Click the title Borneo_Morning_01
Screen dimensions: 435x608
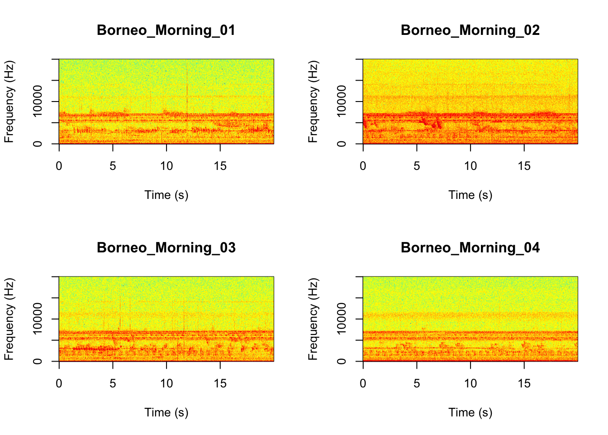click(x=166, y=30)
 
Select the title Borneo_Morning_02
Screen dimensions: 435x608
click(x=470, y=30)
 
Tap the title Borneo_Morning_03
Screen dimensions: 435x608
click(x=166, y=248)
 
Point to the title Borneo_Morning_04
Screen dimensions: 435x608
click(x=470, y=248)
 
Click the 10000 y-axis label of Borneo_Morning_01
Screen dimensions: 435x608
click(x=38, y=101)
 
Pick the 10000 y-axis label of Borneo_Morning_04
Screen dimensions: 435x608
click(x=342, y=318)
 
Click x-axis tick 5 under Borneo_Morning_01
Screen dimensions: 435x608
click(x=113, y=166)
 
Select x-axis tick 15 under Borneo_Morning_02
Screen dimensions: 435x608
click(x=524, y=166)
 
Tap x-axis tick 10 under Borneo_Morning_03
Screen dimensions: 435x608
click(x=166, y=384)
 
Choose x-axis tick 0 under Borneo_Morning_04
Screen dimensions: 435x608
click(x=363, y=384)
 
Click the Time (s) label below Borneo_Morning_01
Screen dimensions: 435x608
click(x=166, y=195)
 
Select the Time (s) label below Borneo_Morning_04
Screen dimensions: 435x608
click(x=470, y=413)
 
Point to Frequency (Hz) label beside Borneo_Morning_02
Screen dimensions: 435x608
click(x=313, y=101)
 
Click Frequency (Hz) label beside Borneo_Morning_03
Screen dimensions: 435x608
click(x=9, y=319)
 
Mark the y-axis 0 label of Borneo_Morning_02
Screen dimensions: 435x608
click(x=342, y=144)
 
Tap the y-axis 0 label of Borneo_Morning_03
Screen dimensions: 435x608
click(x=38, y=361)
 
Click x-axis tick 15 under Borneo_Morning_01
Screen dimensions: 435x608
click(x=220, y=166)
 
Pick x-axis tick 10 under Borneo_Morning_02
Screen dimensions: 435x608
click(x=470, y=166)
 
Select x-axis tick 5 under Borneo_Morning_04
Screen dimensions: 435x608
click(x=417, y=384)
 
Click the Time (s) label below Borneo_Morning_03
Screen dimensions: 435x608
click(x=166, y=413)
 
